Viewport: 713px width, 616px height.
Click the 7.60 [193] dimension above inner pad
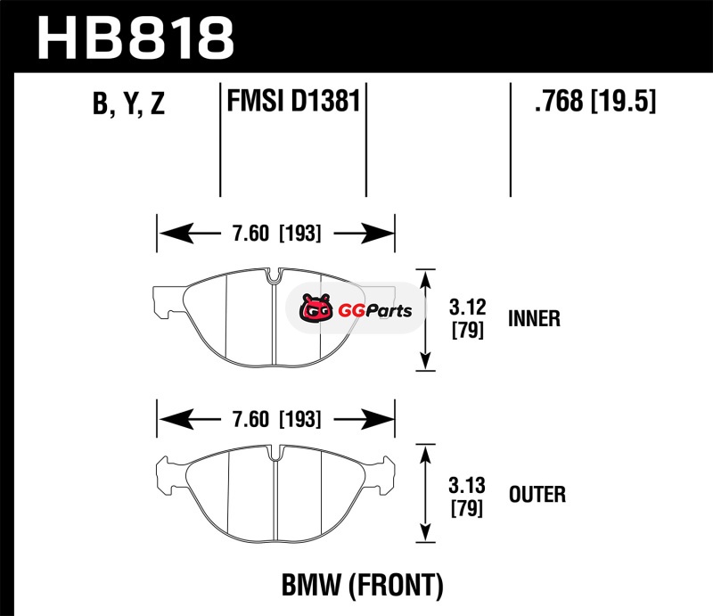click(x=275, y=234)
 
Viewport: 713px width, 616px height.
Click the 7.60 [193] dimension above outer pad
click(x=275, y=418)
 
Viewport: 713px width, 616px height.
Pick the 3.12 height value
click(x=467, y=308)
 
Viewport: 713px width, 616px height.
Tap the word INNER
click(x=534, y=318)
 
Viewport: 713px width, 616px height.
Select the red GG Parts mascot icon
click(x=315, y=310)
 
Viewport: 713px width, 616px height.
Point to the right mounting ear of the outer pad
click(x=383, y=470)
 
